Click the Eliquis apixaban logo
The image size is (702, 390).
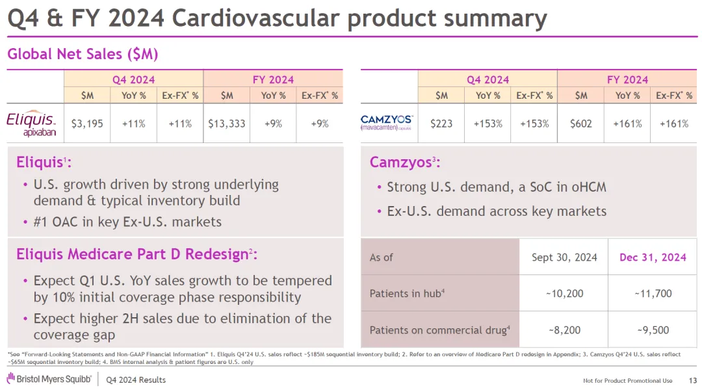(31, 123)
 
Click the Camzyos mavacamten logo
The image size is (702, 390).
(387, 123)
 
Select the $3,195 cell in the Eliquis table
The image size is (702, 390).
(87, 123)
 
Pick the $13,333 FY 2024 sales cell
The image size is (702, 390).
(227, 123)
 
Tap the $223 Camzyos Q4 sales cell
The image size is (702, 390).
(441, 123)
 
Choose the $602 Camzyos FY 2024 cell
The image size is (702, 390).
(581, 123)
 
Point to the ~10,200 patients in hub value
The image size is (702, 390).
(564, 294)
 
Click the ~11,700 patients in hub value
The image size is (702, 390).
(653, 294)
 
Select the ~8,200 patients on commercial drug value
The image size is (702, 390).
(564, 330)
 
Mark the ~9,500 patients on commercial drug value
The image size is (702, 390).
(653, 330)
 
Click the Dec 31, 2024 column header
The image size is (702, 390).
(653, 257)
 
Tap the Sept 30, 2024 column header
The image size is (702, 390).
(564, 257)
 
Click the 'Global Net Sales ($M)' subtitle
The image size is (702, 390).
(83, 54)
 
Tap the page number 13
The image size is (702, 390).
(692, 380)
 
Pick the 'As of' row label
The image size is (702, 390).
(381, 257)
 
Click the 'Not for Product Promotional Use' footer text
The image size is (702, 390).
(627, 380)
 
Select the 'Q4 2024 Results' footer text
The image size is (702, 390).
(136, 380)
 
